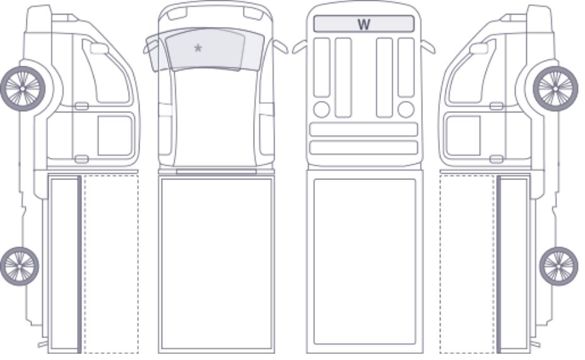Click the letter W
click(363, 25)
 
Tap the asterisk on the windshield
click(198, 48)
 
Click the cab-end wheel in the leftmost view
click(23, 88)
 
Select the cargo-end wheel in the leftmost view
click(20, 266)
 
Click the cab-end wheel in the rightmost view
click(555, 88)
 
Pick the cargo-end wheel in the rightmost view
click(558, 266)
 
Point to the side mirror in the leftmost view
click(99, 49)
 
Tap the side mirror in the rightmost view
click(479, 49)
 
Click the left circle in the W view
click(322, 109)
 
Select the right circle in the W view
click(406, 109)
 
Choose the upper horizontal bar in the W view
click(363, 129)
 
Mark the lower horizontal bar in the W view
click(363, 148)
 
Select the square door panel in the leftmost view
click(115, 136)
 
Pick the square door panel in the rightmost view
click(463, 136)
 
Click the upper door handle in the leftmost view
click(81, 106)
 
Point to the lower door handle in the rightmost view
click(496, 159)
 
